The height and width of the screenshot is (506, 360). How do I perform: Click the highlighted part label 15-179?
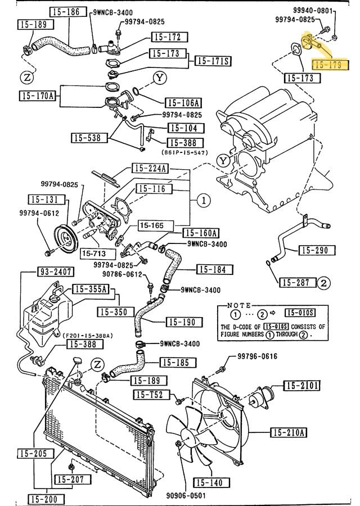click(331, 65)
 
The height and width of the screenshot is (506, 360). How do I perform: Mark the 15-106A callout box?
click(183, 103)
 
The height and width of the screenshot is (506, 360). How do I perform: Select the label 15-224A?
click(150, 168)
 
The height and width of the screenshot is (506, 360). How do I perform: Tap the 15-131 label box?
click(43, 199)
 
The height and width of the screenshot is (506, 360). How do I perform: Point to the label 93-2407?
click(56, 272)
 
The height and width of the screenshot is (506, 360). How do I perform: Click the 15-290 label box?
click(314, 250)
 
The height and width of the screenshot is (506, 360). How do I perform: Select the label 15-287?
click(296, 282)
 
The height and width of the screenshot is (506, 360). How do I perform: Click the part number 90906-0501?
click(186, 496)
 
